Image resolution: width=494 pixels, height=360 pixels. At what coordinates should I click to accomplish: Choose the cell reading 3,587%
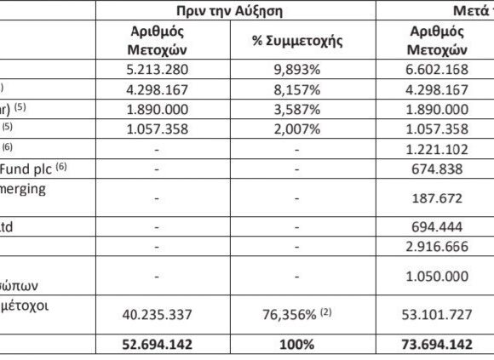pos(284,110)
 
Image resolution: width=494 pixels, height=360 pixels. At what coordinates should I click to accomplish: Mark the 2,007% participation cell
pos(284,129)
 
